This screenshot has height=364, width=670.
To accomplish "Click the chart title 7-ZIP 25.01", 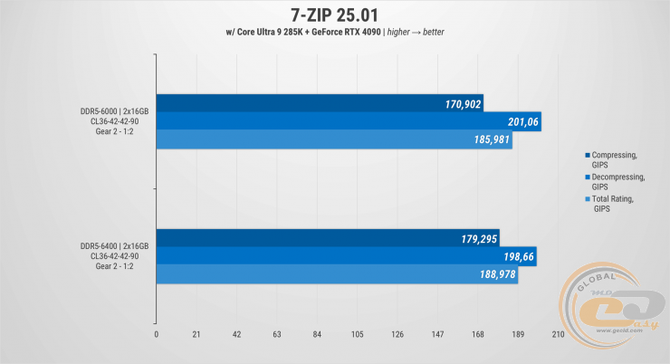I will click(x=334, y=14).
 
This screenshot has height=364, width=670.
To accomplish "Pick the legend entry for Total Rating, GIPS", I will click(x=611, y=203).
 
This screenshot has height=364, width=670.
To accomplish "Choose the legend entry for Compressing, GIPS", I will click(x=611, y=159).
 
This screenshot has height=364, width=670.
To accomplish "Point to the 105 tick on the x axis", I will click(x=357, y=335).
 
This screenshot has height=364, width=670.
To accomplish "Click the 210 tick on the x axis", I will click(x=558, y=335).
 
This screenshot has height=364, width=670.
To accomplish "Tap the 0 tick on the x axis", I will click(x=157, y=335).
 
